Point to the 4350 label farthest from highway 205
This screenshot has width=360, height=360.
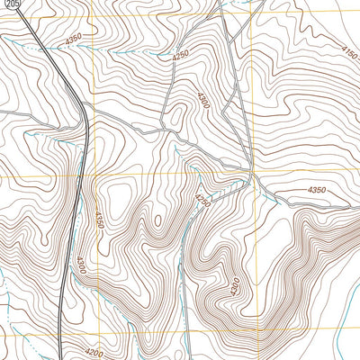317,190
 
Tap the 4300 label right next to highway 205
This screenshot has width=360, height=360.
82,265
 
